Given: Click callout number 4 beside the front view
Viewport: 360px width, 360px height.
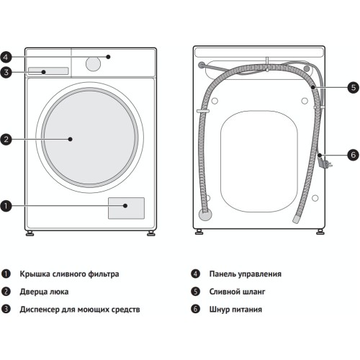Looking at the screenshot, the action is [6, 57].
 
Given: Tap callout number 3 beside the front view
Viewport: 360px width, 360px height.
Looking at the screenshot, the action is [6, 72].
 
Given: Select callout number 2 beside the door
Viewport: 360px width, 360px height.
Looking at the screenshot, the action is [6, 140].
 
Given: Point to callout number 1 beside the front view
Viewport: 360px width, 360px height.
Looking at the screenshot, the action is [6, 206].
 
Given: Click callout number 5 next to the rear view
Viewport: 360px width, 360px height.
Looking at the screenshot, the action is [354, 87].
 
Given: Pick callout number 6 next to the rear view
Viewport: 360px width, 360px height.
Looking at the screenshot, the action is [354, 155].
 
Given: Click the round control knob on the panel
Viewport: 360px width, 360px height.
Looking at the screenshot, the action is [93, 64].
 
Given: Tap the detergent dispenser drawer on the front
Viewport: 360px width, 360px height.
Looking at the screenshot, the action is [48, 71].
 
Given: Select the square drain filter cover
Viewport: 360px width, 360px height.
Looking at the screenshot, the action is [126, 208].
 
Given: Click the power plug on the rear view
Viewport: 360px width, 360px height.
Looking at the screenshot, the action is [325, 162].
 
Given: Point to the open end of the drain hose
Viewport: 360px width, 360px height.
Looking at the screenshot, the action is [296, 220].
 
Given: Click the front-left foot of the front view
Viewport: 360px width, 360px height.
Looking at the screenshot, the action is [30, 233].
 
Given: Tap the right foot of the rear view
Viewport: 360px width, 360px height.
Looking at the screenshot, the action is [320, 232].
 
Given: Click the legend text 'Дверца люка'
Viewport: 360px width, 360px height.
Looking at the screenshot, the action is [44, 292].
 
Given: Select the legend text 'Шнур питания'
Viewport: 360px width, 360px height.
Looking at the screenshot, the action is [235, 310].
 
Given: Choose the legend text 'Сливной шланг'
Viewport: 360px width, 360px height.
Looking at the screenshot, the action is [238, 292].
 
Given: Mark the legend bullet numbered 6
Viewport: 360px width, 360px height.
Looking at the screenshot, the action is [195, 309].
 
